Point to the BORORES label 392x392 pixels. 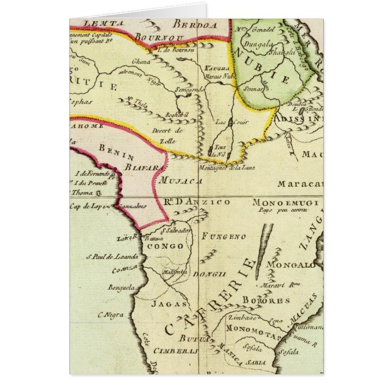click(265, 301)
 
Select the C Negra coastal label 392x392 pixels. click(110, 315)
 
